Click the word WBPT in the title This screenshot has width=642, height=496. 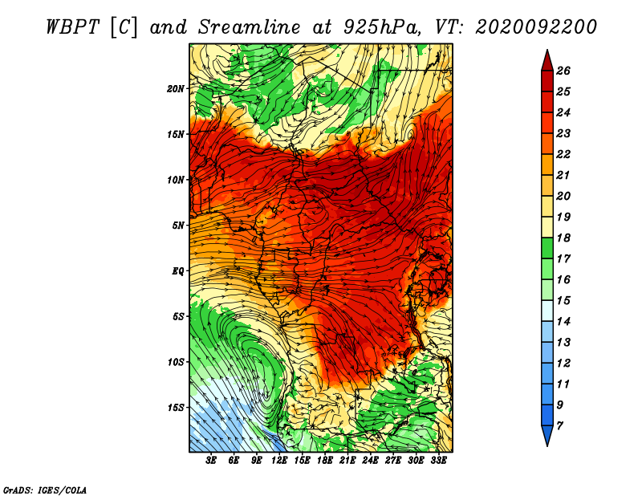(x=72, y=27)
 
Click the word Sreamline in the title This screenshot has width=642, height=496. (x=250, y=27)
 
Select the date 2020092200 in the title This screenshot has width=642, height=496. (x=536, y=27)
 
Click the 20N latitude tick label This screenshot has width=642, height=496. (x=175, y=89)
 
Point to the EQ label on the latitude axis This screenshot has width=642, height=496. (x=177, y=271)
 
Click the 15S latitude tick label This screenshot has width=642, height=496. (x=175, y=408)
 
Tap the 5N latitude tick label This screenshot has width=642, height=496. (x=178, y=226)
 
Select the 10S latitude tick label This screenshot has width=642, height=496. (x=175, y=362)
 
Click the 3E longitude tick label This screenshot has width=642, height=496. (x=211, y=461)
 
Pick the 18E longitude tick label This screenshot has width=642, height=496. (x=324, y=461)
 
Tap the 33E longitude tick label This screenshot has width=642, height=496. (x=438, y=461)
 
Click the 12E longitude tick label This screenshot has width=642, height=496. (x=278, y=461)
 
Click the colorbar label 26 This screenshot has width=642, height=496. (x=563, y=71)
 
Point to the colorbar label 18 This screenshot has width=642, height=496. (x=563, y=238)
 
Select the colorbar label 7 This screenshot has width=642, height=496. (x=559, y=426)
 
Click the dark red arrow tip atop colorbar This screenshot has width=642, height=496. (x=547, y=60)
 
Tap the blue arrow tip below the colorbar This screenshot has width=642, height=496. (x=547, y=436)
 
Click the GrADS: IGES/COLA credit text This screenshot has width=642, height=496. (x=45, y=490)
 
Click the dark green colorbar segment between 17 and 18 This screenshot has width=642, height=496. (x=547, y=248)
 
